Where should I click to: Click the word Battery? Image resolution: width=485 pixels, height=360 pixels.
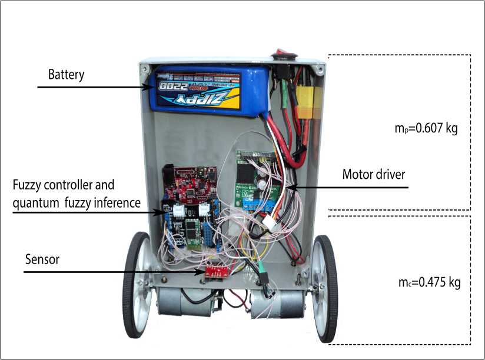(x=67, y=75)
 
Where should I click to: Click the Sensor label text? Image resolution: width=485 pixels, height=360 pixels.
(x=42, y=259)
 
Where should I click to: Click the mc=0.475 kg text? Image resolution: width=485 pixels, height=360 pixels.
(x=428, y=282)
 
